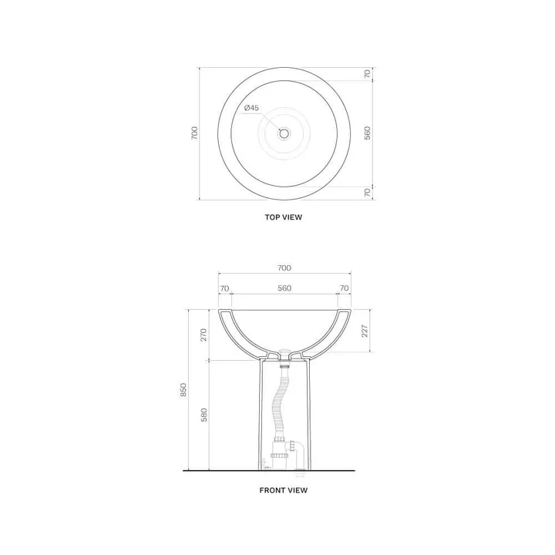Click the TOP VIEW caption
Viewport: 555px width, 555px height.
(x=284, y=217)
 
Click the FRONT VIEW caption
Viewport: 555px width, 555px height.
(x=284, y=490)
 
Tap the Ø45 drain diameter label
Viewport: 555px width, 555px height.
(x=251, y=108)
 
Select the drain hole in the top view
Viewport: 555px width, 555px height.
(x=284, y=133)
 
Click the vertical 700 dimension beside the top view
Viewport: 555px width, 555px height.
(x=195, y=133)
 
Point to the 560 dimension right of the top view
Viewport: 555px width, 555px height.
(x=368, y=133)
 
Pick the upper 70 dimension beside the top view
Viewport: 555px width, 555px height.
(x=368, y=74)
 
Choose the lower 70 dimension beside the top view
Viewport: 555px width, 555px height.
(x=368, y=193)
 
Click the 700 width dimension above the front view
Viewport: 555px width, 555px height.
(x=284, y=268)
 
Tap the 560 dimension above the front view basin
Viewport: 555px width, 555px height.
(x=284, y=288)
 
